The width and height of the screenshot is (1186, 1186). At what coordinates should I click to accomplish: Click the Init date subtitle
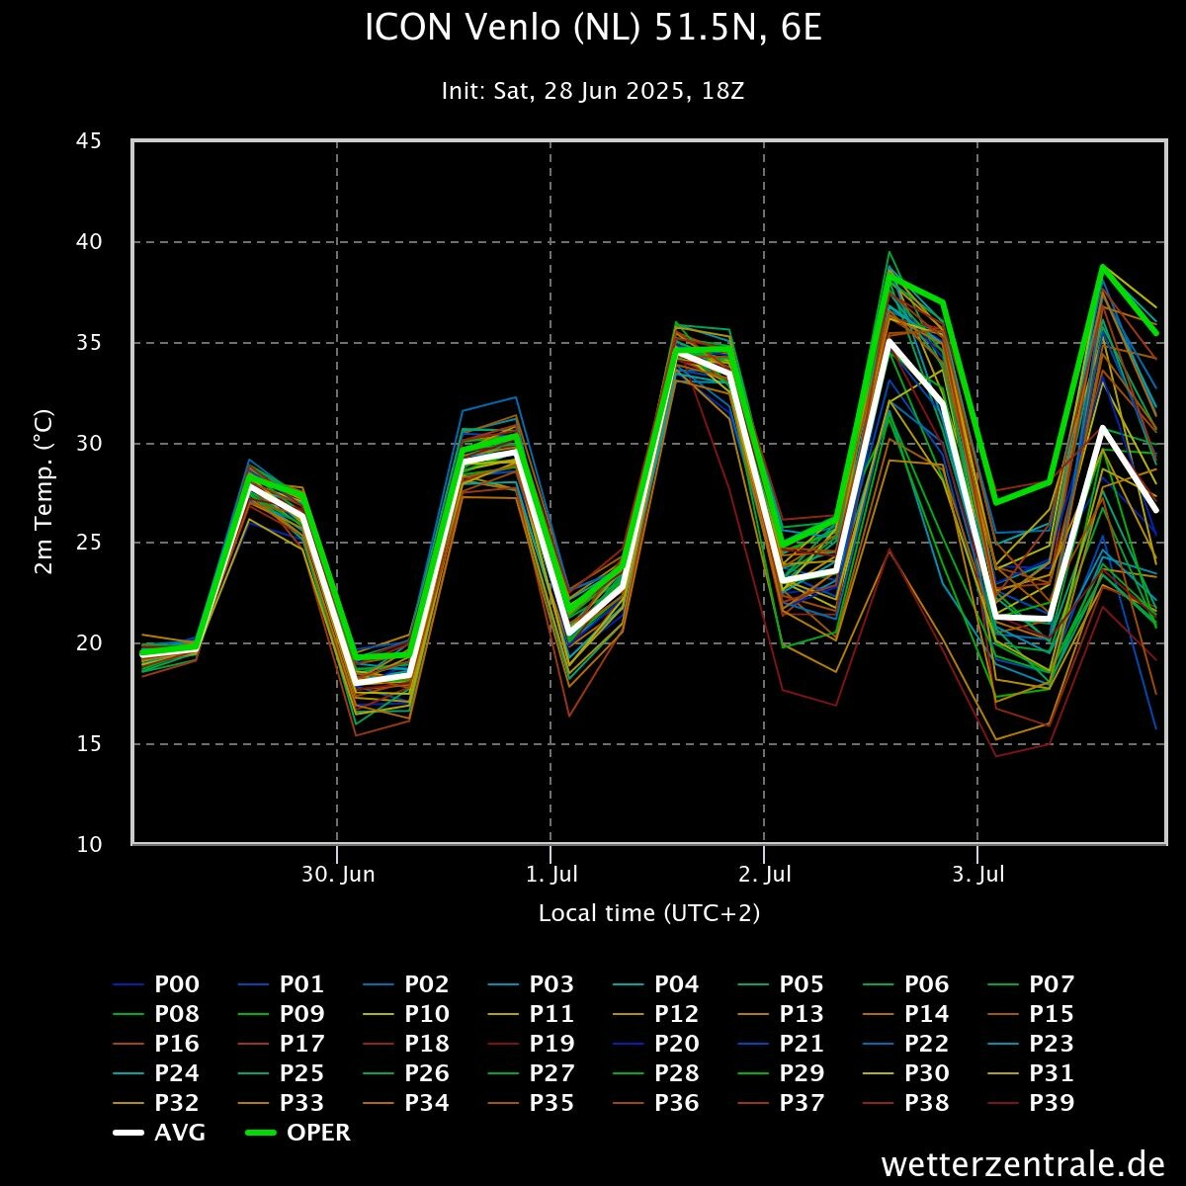[x=593, y=91]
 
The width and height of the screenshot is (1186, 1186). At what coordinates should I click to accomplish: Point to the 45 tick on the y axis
[x=89, y=141]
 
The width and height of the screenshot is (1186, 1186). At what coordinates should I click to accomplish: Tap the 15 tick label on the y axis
[x=89, y=743]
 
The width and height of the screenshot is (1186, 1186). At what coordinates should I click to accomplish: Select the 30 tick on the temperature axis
[x=89, y=443]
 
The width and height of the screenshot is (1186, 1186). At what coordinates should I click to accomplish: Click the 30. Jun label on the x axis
[x=338, y=875]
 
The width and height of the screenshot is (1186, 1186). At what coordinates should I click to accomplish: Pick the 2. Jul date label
[x=764, y=875]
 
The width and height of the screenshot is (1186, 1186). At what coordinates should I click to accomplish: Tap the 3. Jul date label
[x=977, y=875]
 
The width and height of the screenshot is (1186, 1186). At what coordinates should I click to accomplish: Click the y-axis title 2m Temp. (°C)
[x=43, y=492]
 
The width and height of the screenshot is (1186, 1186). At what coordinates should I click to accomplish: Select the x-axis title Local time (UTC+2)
[x=649, y=913]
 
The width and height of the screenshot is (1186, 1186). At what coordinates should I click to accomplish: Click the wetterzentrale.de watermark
[x=1023, y=1163]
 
